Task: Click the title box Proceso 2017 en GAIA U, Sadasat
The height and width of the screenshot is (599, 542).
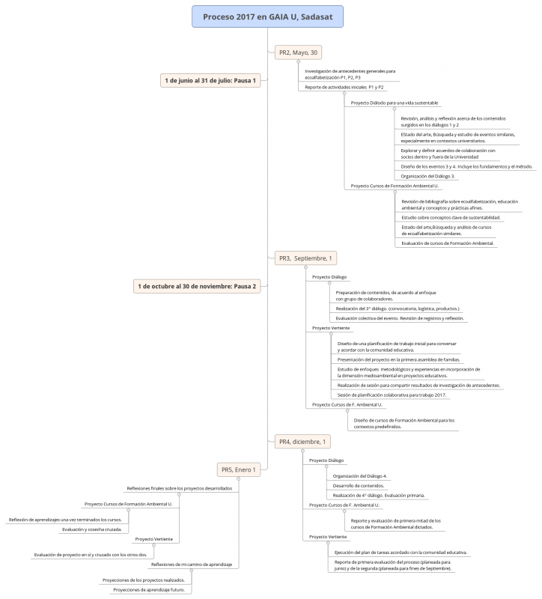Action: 267,16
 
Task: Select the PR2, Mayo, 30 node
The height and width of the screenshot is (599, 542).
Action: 299,52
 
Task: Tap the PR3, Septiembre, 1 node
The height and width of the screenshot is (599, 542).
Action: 305,258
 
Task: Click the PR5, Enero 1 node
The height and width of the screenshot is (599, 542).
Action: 239,469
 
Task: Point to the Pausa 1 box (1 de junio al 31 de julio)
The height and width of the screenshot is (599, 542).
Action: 210,80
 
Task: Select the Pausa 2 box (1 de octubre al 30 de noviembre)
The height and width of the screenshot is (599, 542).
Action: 197,286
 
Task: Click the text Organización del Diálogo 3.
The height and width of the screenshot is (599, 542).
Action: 433,176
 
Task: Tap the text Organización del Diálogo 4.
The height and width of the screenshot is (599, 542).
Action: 360,475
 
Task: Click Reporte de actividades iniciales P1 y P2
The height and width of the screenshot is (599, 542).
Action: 344,88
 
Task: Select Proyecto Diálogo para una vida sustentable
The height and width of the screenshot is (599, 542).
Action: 395,103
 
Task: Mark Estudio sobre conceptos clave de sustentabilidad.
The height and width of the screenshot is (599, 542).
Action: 451,217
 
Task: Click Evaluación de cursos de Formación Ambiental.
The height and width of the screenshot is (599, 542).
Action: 448,243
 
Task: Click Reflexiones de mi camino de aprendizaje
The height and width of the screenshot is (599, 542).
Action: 192,564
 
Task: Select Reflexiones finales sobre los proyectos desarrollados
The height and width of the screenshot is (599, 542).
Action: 179,487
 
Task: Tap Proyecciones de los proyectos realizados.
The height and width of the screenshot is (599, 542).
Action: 143,580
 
